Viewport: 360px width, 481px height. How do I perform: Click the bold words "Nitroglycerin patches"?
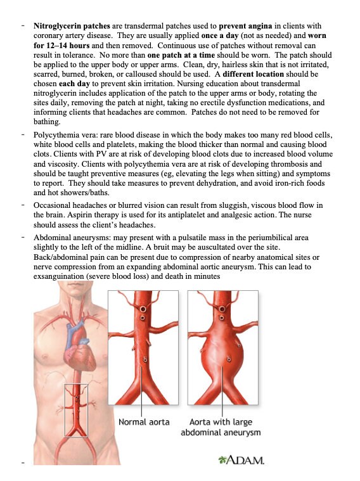click(x=72, y=26)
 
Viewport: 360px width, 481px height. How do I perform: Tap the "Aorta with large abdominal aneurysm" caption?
click(x=221, y=427)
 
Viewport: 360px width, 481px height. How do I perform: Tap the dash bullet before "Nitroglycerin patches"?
click(x=23, y=26)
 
